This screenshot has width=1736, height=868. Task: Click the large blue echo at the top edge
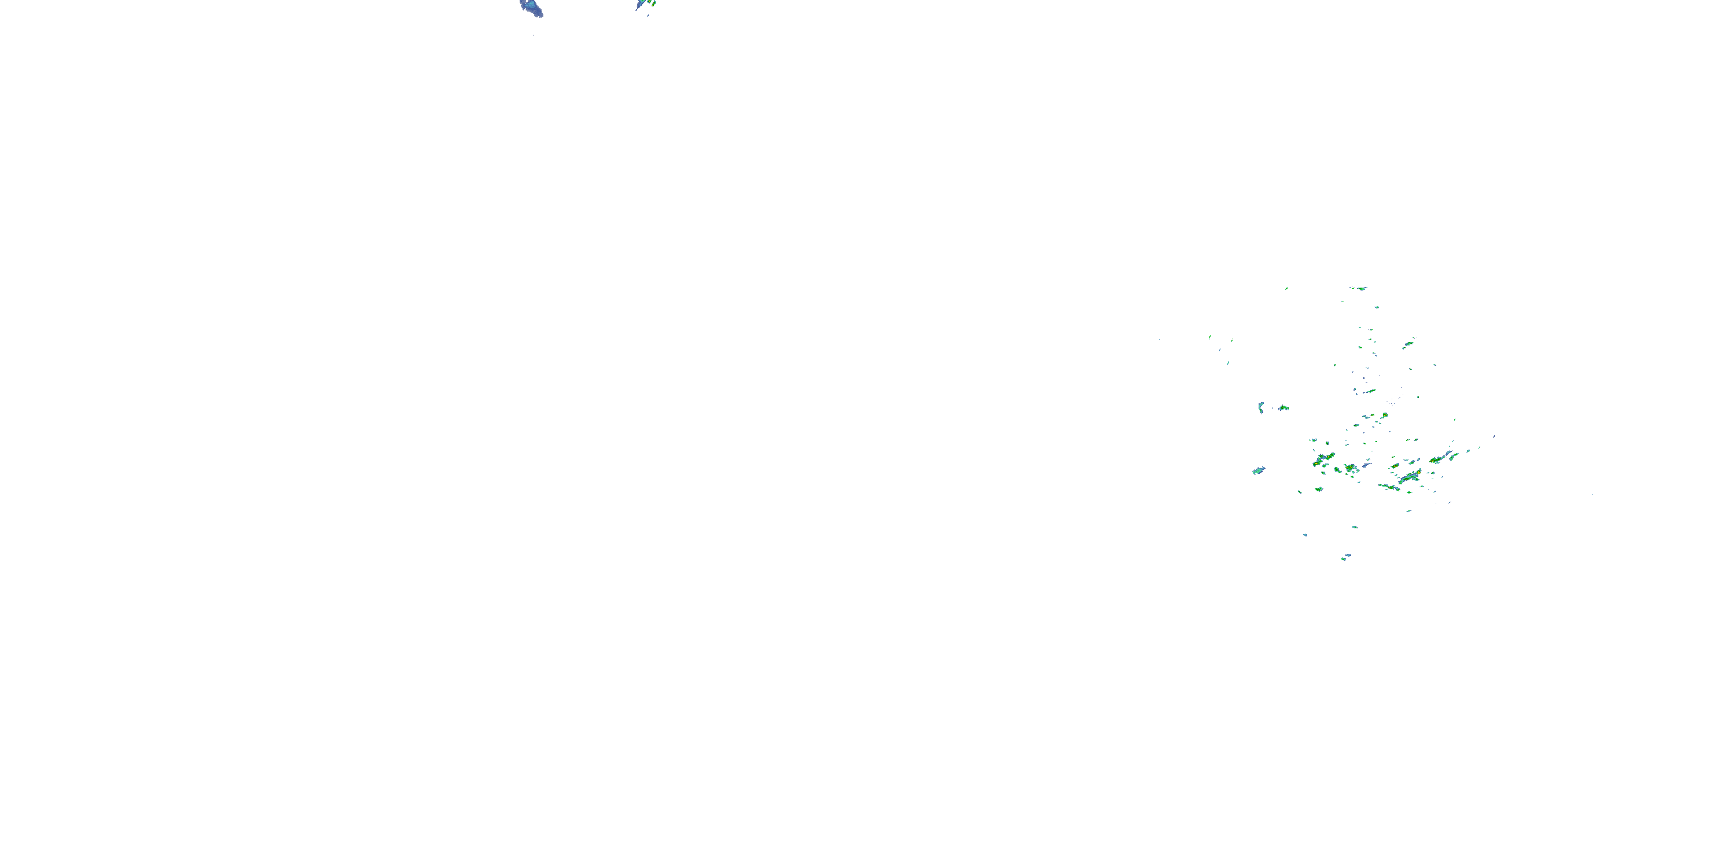pyautogui.click(x=532, y=8)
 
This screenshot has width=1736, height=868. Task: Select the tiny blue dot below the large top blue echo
pyautogui.click(x=534, y=34)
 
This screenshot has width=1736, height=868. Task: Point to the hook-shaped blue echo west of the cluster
pyautogui.click(x=1260, y=408)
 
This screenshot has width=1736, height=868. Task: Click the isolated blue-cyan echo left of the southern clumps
pyautogui.click(x=1258, y=470)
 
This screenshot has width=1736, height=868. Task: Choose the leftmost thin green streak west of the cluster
pyautogui.click(x=1209, y=337)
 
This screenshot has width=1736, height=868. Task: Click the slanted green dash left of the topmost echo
pyautogui.click(x=1286, y=288)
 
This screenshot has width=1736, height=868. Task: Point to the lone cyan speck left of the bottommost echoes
pyautogui.click(x=1305, y=535)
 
